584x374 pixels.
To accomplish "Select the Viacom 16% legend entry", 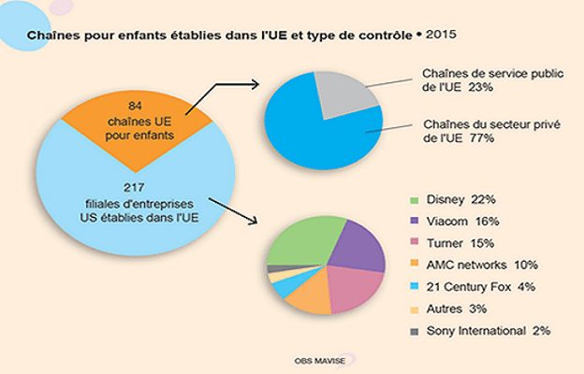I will pyautogui.click(x=460, y=223).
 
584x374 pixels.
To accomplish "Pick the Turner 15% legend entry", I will pyautogui.click(x=460, y=244).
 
